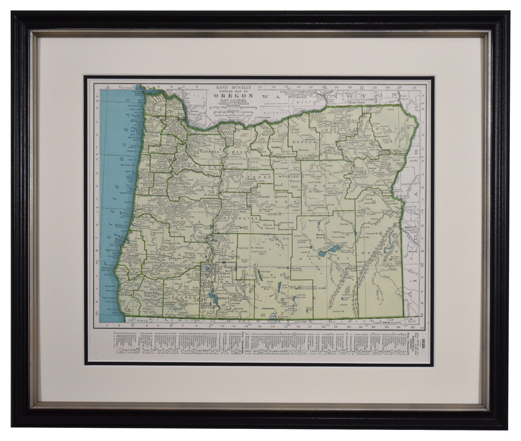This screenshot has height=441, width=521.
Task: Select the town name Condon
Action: coord(274,147)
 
